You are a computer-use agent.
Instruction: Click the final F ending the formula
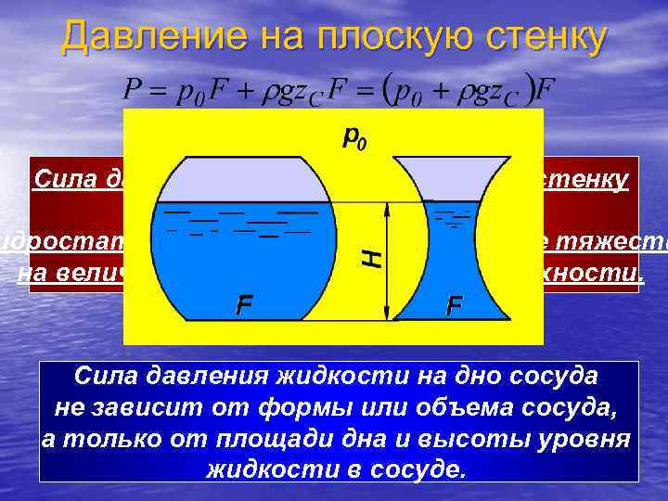[546, 91]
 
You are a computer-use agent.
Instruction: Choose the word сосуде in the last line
[413, 468]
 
